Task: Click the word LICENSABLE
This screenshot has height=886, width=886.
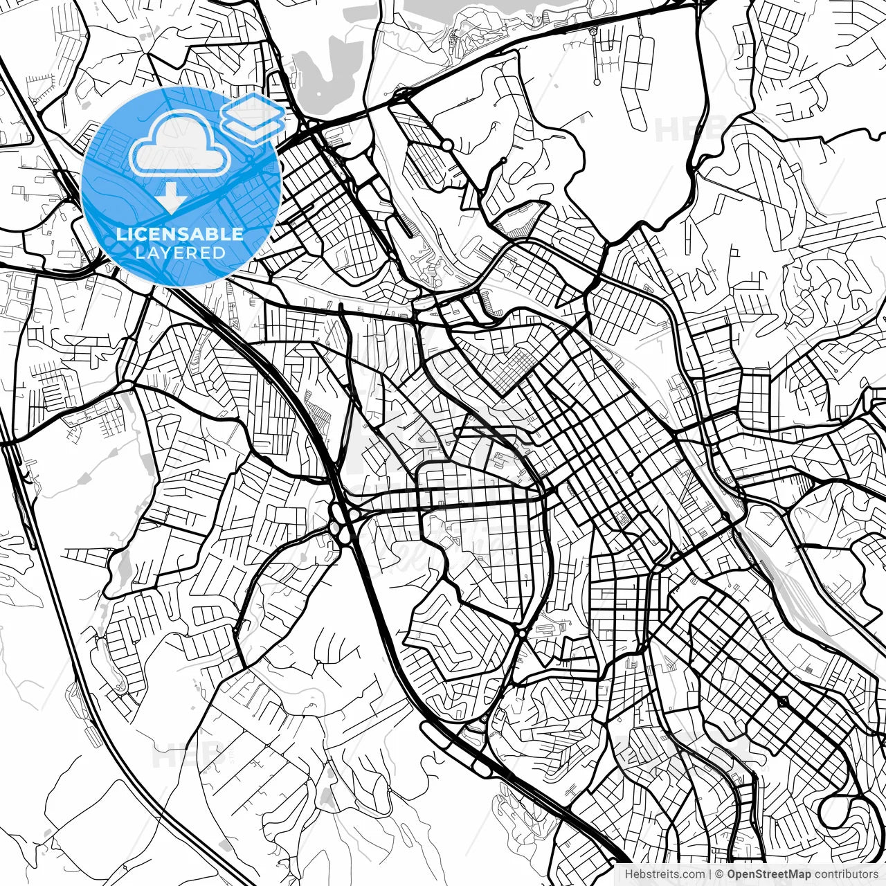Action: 180,234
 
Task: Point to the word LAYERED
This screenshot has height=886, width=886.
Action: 180,253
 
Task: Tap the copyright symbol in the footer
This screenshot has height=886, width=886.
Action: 720,875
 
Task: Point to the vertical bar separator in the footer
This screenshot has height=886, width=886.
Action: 711,875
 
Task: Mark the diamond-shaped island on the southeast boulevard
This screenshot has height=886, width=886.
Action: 782,702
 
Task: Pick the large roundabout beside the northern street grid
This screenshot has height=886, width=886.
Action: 448,145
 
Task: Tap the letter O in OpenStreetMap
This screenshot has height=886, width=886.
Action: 732,875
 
